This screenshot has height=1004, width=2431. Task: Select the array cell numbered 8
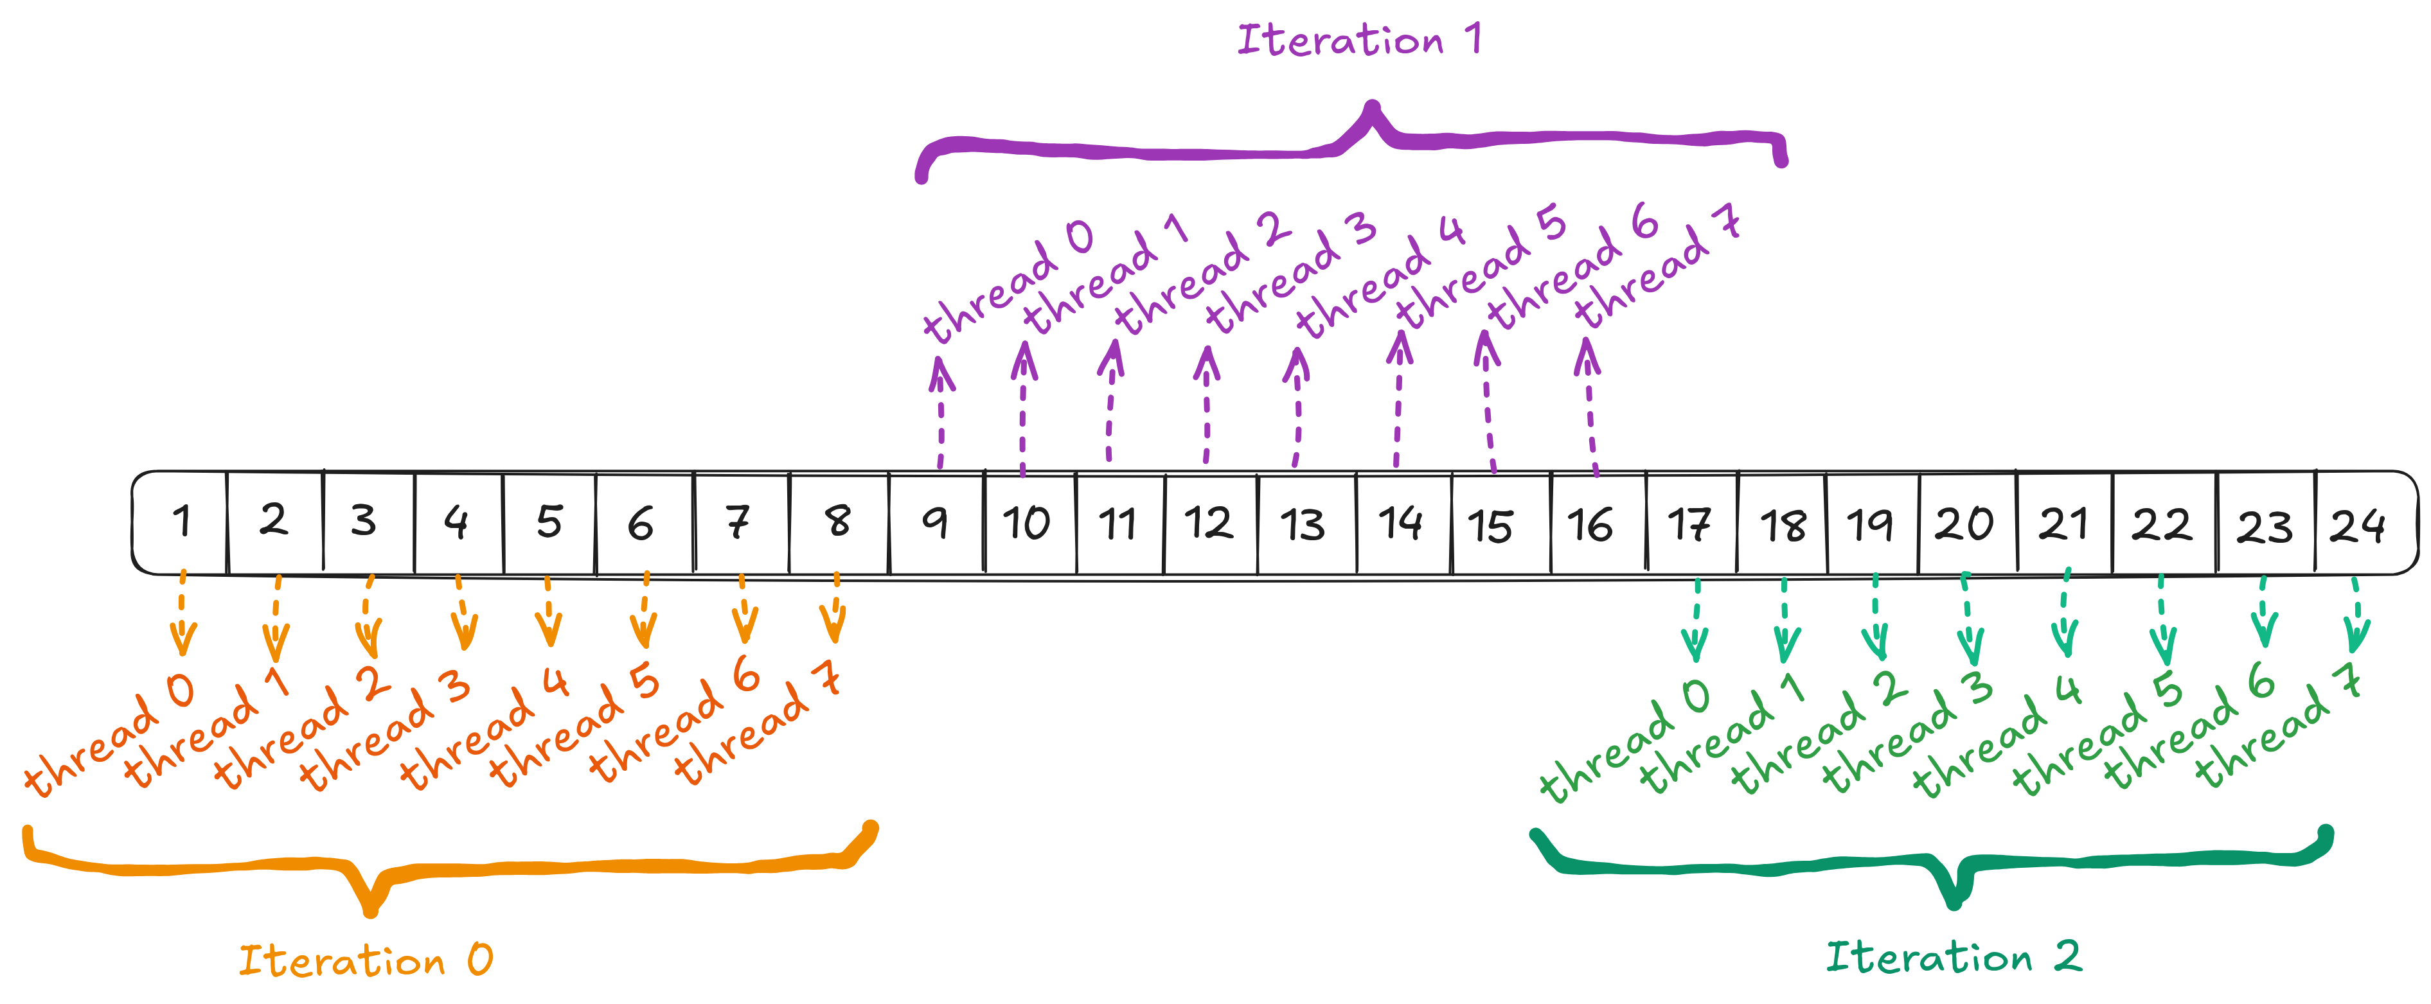coord(838,522)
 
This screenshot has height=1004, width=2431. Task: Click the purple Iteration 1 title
coord(1359,40)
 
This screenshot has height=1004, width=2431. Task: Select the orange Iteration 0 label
coord(365,960)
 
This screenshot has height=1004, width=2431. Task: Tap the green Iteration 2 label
coord(1954,957)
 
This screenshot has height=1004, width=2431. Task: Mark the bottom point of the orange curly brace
coord(371,911)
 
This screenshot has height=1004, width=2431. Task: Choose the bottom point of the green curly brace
coord(1954,903)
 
